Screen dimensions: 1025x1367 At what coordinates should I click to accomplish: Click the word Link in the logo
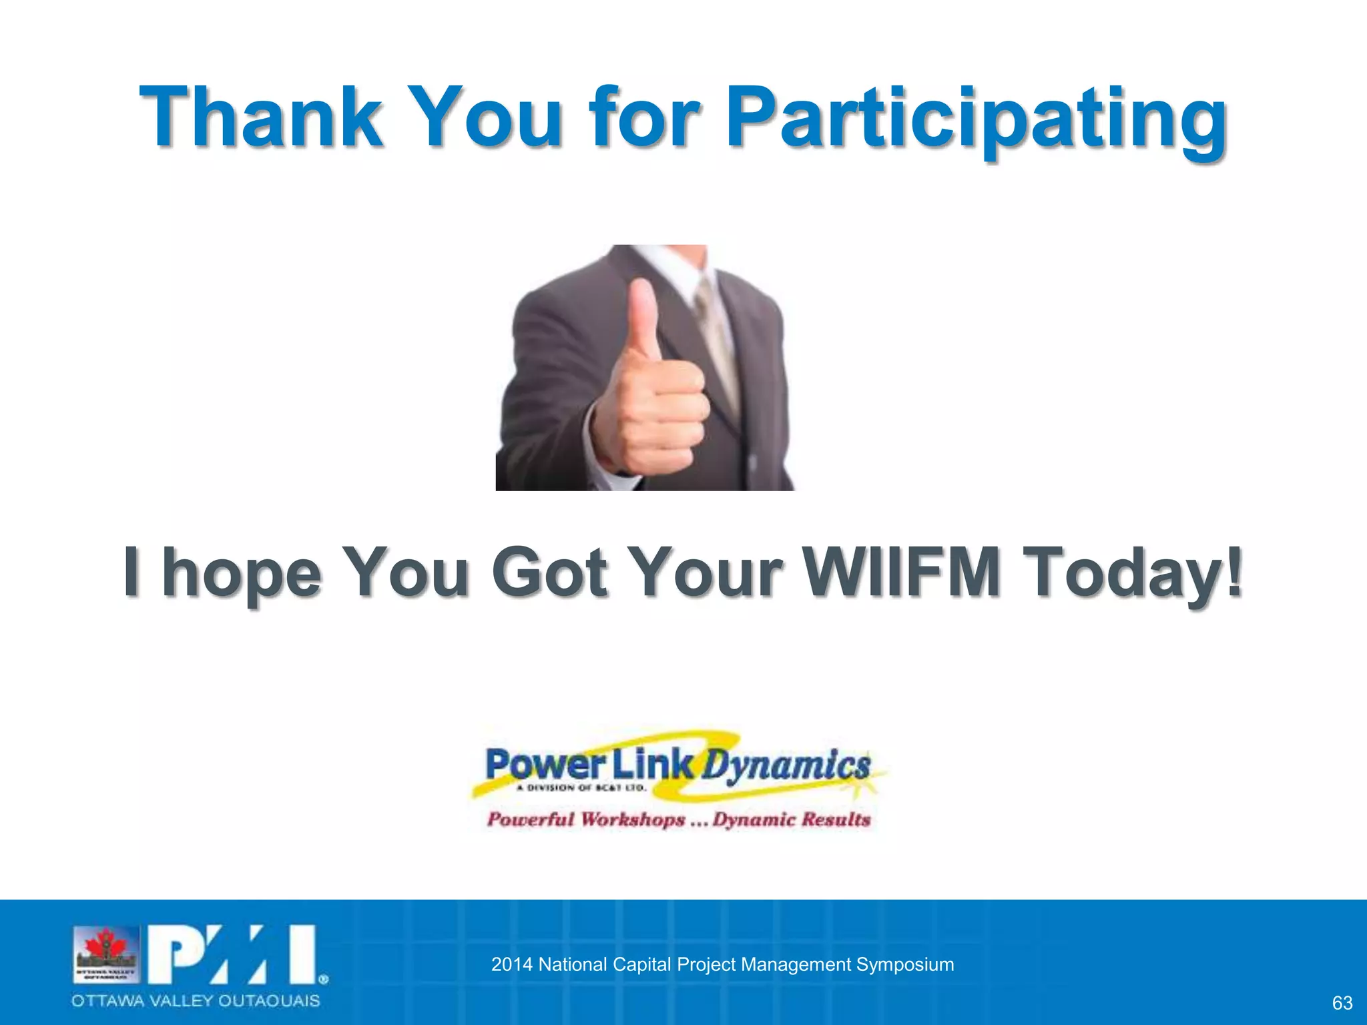(x=653, y=765)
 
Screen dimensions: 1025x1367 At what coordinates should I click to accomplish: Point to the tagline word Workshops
(x=632, y=819)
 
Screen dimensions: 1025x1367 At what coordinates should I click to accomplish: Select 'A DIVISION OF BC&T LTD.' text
(x=581, y=788)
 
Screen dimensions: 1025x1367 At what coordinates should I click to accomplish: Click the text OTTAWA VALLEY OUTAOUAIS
(x=196, y=1001)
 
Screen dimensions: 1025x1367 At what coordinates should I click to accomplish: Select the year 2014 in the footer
(x=511, y=965)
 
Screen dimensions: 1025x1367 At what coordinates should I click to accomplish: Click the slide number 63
(x=1342, y=1003)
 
